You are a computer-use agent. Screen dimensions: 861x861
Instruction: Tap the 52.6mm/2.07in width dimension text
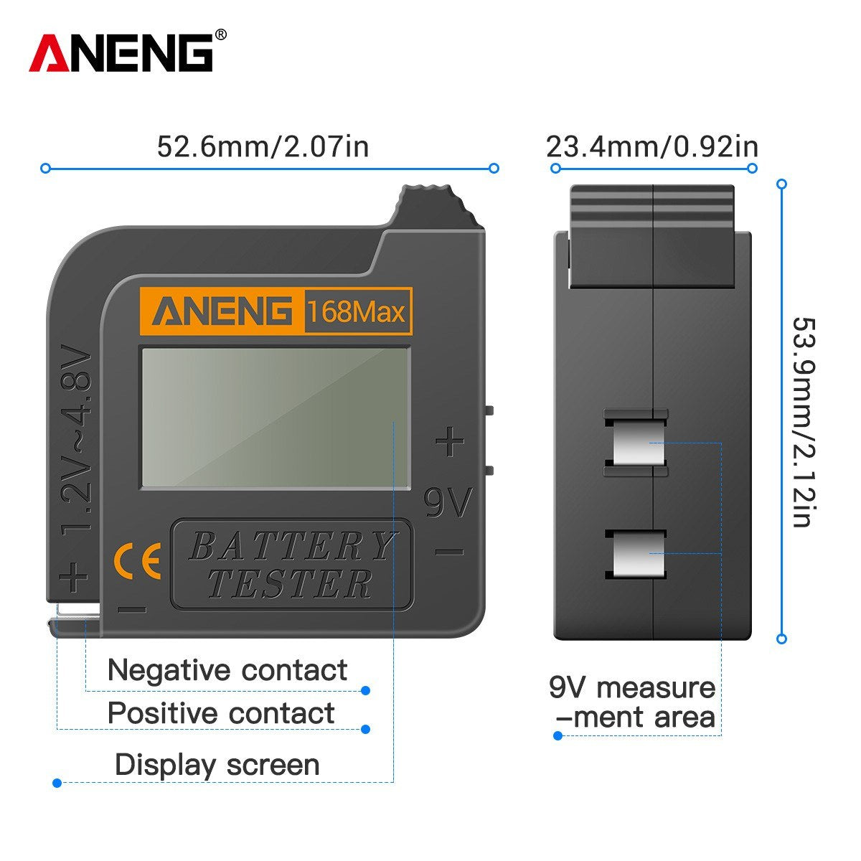click(263, 146)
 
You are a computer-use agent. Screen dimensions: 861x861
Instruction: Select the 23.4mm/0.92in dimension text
click(651, 146)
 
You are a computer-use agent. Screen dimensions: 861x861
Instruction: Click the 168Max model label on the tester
click(357, 311)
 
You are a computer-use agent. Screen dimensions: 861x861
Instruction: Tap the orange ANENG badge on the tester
click(223, 311)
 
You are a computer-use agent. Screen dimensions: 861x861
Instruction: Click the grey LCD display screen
click(276, 417)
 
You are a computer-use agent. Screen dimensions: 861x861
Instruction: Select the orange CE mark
click(138, 563)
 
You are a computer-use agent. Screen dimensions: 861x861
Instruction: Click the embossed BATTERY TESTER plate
click(291, 565)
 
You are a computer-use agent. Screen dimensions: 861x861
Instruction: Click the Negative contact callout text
click(227, 670)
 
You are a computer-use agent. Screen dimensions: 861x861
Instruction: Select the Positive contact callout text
click(220, 713)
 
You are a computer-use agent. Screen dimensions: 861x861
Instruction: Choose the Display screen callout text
click(217, 765)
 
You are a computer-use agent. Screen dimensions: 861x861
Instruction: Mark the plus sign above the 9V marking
click(450, 442)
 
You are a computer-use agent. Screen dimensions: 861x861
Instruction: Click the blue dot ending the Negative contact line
click(365, 690)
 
